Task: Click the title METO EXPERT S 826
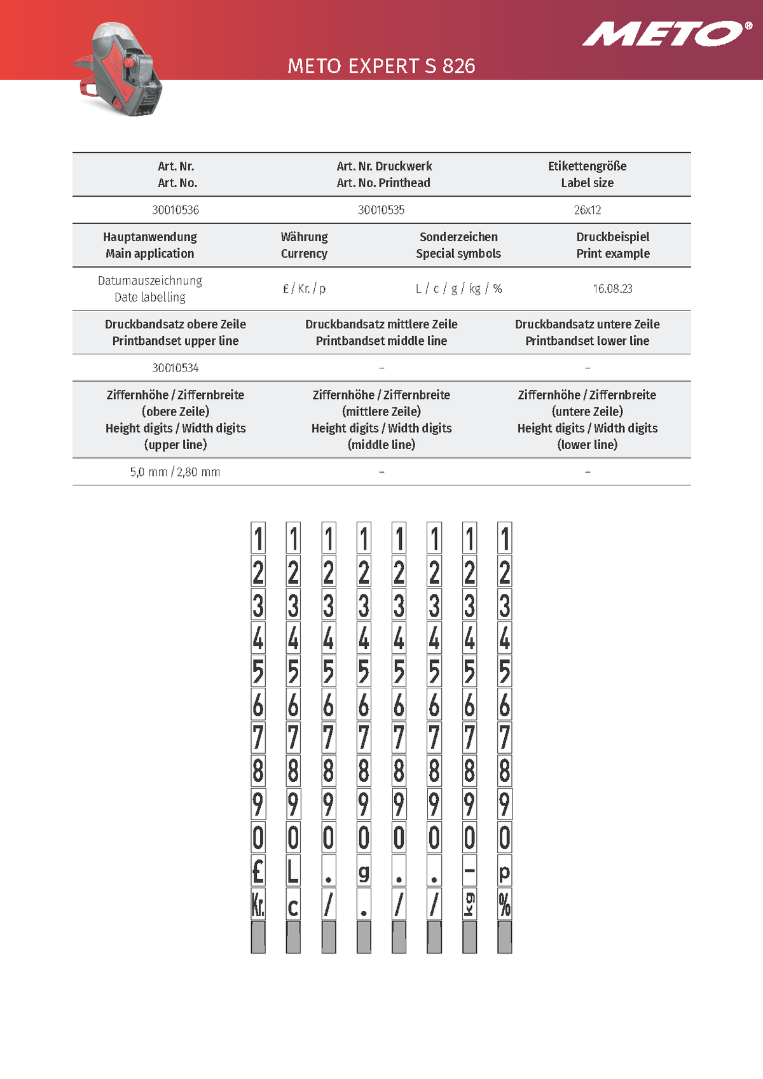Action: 381,66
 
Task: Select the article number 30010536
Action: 175,210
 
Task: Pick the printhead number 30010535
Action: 381,210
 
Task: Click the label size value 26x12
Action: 587,210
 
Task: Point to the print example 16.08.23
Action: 612,289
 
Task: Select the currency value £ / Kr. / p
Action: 304,289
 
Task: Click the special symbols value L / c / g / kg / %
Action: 458,289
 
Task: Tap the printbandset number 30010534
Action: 175,368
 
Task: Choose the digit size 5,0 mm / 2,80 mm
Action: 175,472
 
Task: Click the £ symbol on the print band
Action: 258,870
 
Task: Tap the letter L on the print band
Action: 293,870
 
